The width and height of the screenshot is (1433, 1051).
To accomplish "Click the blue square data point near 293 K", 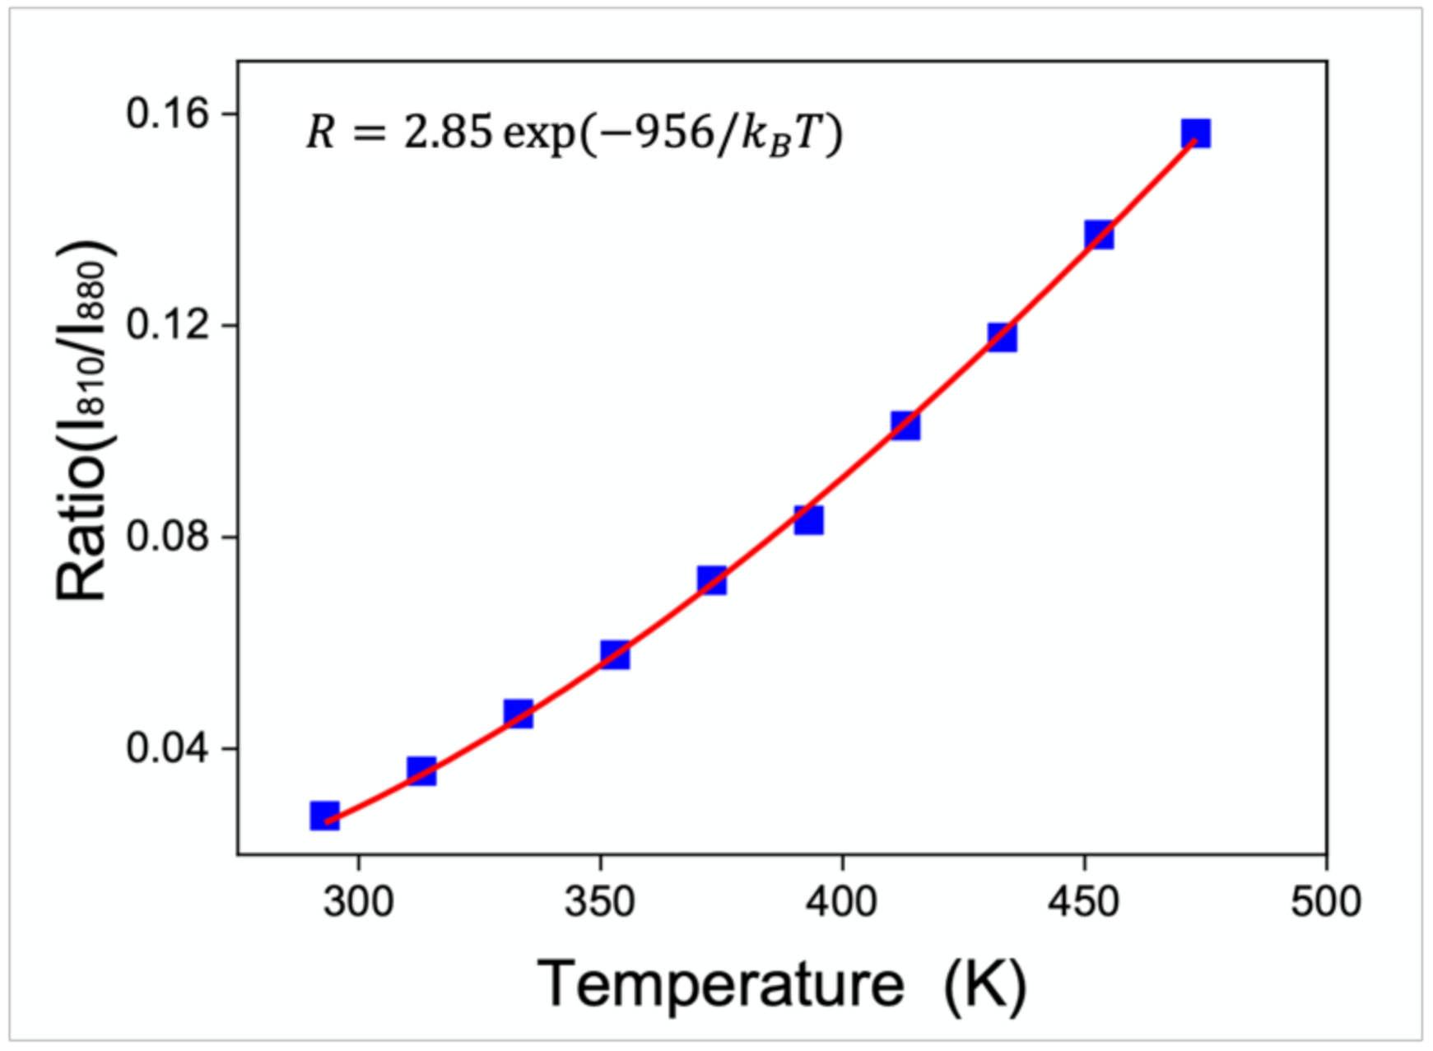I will [x=324, y=815].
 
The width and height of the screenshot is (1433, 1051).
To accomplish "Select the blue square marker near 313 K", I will [x=421, y=771].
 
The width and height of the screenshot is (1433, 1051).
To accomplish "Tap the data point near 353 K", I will [x=615, y=655].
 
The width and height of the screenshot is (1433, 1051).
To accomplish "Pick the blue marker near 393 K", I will [x=808, y=520].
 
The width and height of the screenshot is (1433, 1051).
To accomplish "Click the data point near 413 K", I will [x=905, y=426].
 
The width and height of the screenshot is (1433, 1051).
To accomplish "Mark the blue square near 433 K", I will [x=1002, y=337].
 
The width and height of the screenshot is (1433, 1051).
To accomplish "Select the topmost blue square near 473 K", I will [x=1196, y=133].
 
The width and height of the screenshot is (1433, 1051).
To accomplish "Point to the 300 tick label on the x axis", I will [x=358, y=902].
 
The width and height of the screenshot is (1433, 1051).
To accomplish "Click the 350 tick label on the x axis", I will [x=600, y=902].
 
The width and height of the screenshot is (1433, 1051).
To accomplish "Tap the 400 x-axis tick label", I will [x=842, y=902].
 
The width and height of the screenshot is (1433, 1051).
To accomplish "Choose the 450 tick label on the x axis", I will [x=1084, y=902].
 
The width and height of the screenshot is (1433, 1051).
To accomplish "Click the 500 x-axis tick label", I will [x=1325, y=902].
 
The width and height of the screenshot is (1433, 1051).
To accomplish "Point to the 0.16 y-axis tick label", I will [x=168, y=114].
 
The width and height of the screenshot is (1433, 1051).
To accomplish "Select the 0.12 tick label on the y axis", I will [x=168, y=325].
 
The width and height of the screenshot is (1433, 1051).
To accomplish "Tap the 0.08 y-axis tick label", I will [x=168, y=537].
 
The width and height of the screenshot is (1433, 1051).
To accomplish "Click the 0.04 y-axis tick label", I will [x=168, y=748].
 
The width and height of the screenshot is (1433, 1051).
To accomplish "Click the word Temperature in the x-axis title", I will [x=721, y=984].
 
